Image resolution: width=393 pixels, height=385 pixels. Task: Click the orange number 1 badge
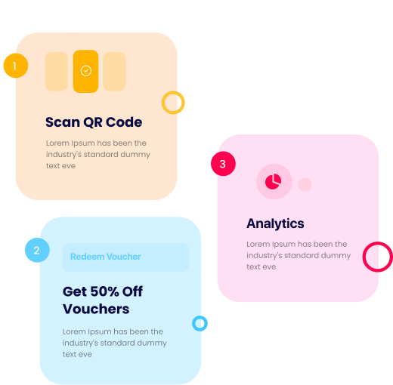point(16,66)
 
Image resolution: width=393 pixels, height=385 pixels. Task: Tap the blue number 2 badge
point(37,250)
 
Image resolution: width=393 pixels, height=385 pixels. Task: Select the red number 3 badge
point(223,164)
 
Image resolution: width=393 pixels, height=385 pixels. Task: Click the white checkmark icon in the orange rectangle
point(86,71)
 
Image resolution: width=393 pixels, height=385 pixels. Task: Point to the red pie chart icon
point(274,181)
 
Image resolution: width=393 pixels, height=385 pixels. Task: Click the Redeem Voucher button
point(125,257)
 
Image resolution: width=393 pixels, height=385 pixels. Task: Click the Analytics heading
point(275,223)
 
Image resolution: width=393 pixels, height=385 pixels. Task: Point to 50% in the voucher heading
point(104,291)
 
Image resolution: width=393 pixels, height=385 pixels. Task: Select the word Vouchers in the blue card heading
point(96,309)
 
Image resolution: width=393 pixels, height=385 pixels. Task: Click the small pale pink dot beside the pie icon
point(305,185)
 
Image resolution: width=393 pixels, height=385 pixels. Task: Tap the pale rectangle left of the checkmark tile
point(57,71)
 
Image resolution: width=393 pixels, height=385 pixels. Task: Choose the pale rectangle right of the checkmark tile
point(114,71)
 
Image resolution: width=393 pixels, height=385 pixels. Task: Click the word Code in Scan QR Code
point(124,122)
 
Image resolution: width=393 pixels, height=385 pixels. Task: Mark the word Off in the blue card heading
point(132,291)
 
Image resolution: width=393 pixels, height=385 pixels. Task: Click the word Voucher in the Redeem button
point(123,257)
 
